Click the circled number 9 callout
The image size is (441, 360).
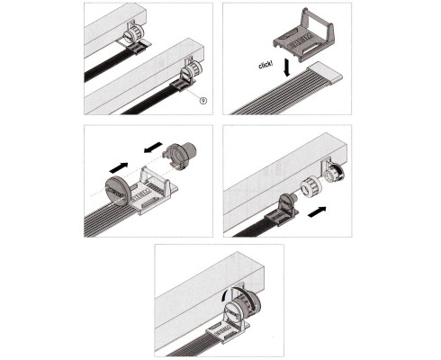203,100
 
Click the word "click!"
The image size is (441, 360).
265,65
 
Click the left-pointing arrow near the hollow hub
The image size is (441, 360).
153,147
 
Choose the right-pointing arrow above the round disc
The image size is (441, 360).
119,167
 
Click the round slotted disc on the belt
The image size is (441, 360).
118,191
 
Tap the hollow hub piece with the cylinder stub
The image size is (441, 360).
179,156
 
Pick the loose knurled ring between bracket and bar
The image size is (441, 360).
311,188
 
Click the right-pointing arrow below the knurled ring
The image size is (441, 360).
317,212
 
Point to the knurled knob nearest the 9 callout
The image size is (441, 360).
190,73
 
